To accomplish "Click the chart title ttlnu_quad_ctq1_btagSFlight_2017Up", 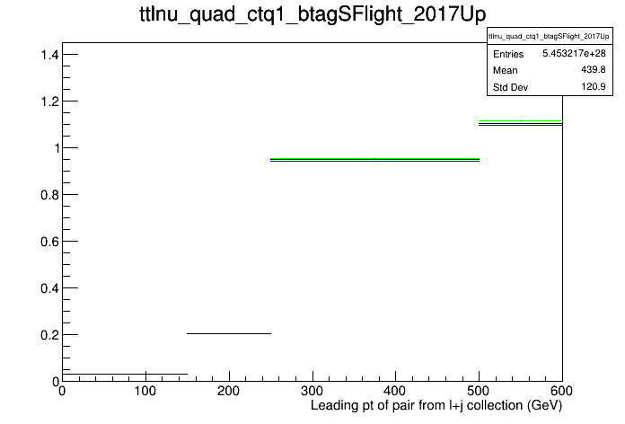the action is (312, 14).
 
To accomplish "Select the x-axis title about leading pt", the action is (436, 406).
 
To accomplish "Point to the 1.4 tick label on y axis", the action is (49, 55).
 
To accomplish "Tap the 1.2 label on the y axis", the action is (49, 102).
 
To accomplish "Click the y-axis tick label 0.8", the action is (49, 195).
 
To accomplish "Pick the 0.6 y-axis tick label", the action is (49, 242).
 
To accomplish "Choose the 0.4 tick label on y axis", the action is (49, 288).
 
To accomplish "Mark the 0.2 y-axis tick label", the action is (49, 335).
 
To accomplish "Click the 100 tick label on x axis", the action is (145, 391).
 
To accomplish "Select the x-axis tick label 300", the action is (312, 391).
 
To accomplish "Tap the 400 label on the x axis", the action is (395, 391).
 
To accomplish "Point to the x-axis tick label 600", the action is (561, 391).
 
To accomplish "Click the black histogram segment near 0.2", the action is (229, 333).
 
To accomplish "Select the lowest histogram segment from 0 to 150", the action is (125, 374).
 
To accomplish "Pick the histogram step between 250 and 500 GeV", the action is (374, 160).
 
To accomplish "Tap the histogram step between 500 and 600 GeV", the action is (521, 123).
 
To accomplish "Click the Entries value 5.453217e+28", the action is (574, 53).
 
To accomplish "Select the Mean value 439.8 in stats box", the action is (594, 70).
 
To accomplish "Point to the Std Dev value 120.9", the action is (594, 86).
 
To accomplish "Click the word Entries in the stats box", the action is (508, 54).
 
